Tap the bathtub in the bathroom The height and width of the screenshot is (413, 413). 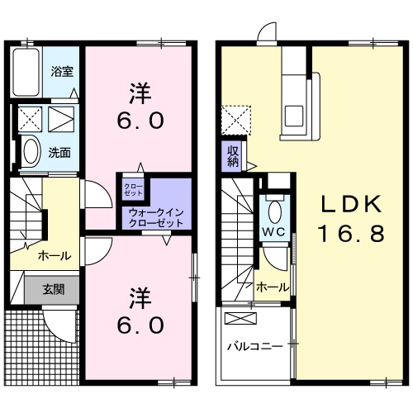pyautogui.click(x=27, y=73)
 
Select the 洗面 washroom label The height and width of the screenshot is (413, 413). pyautogui.click(x=58, y=152)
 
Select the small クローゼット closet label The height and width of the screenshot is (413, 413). pyautogui.click(x=133, y=189)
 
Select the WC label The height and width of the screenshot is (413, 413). pyautogui.click(x=274, y=231)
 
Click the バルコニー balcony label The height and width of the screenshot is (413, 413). pyautogui.click(x=255, y=346)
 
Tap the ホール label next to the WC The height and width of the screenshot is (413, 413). pyautogui.click(x=273, y=287)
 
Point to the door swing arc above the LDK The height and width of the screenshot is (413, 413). pyautogui.click(x=267, y=32)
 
